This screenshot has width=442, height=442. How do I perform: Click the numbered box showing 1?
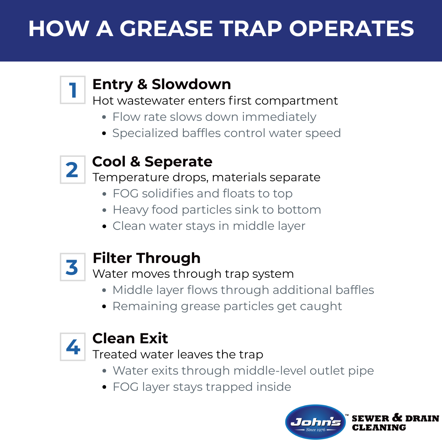(x=73, y=90)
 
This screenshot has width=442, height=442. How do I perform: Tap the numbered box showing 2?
(x=73, y=170)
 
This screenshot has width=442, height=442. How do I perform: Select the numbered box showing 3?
(x=73, y=267)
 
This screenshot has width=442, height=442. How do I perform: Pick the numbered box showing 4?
(x=73, y=347)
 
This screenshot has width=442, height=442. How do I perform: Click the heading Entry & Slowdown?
(x=162, y=84)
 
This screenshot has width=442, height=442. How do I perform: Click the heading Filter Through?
(x=147, y=258)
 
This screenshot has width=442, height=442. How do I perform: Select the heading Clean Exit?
(x=130, y=338)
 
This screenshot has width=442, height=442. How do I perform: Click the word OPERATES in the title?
(x=351, y=29)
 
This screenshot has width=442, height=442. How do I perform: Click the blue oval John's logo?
(x=316, y=422)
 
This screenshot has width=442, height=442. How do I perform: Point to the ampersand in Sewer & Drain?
(x=397, y=417)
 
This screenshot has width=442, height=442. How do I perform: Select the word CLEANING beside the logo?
(x=379, y=428)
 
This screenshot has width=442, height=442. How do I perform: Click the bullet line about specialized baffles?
(x=227, y=133)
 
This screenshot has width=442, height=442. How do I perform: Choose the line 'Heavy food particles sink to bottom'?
(x=217, y=210)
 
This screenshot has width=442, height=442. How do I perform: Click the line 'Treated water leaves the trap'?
(x=178, y=354)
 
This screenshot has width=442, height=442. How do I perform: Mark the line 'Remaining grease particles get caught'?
(x=227, y=306)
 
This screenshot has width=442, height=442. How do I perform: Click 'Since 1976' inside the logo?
(x=316, y=429)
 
